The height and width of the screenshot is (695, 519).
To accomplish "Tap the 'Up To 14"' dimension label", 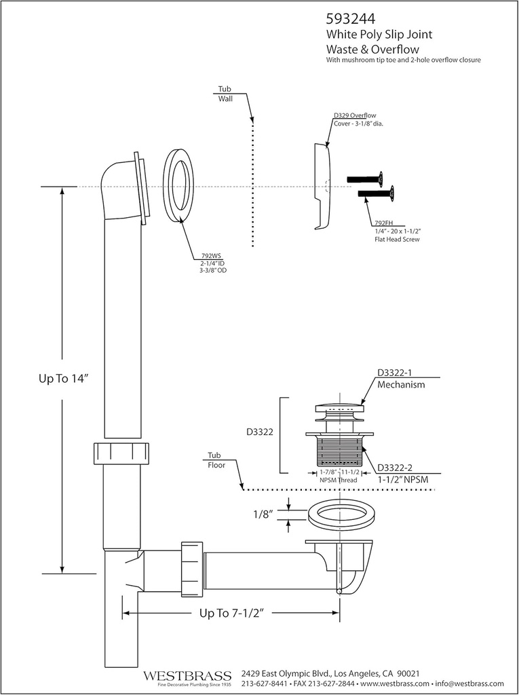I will [63, 379].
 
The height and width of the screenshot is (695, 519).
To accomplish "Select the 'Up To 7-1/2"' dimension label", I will [231, 613].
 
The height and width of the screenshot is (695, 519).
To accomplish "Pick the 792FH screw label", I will [384, 223].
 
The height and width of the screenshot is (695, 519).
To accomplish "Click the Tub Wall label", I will [225, 94].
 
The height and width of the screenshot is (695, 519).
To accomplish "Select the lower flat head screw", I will [377, 194].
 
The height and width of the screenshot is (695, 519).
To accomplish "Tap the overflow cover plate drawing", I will [322, 186].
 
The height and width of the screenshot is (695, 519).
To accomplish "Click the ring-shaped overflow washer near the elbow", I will [178, 185].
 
